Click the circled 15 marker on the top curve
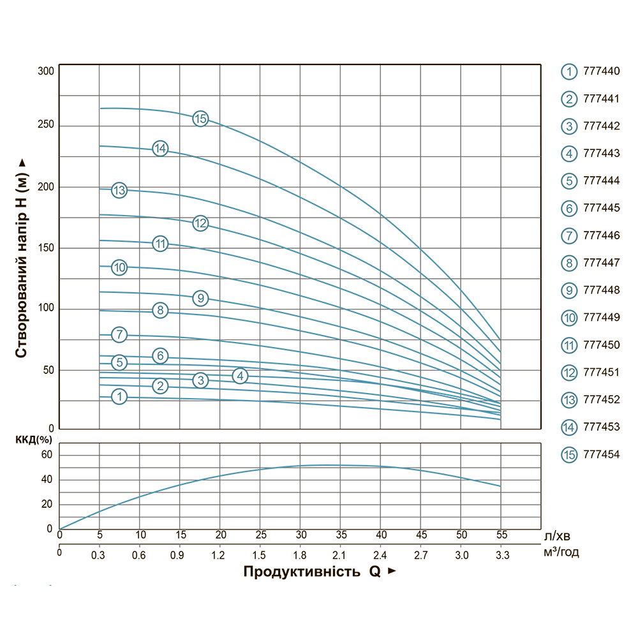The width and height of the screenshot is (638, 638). click(x=200, y=118)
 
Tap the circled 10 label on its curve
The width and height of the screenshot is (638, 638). click(x=119, y=267)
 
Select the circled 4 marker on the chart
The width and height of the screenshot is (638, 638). click(x=240, y=376)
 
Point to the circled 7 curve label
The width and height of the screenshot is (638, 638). click(x=119, y=334)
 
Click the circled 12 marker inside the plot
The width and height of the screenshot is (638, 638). click(x=200, y=223)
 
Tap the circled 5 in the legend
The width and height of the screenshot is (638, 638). click(x=569, y=181)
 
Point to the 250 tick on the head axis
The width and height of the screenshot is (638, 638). click(x=46, y=125)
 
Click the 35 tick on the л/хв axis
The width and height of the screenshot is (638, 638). click(x=341, y=534)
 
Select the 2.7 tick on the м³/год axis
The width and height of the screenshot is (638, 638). click(x=420, y=556)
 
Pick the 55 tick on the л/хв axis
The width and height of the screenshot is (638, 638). click(x=501, y=534)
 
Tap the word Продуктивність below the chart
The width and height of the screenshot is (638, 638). click(x=302, y=572)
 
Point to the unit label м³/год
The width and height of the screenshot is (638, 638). click(x=561, y=553)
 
